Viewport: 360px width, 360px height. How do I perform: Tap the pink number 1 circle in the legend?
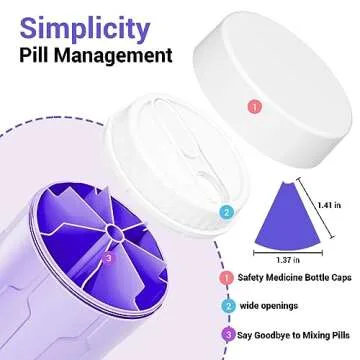(x=227, y=279)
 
